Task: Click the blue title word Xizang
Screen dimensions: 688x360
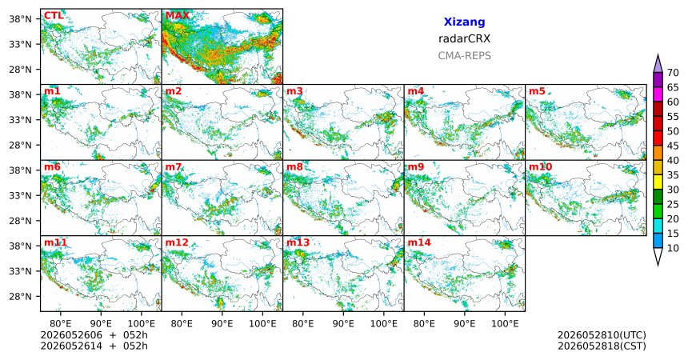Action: [x=464, y=22]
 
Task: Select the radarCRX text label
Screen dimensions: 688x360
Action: [x=464, y=38]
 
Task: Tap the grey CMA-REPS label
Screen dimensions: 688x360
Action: [x=464, y=56]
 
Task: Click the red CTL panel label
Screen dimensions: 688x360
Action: [x=54, y=16]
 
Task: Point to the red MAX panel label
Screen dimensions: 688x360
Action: [x=178, y=16]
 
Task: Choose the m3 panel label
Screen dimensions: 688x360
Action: [x=294, y=91]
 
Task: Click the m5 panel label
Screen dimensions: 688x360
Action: [x=537, y=91]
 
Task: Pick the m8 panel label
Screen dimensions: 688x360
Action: [x=294, y=167]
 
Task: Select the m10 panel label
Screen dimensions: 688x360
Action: [x=540, y=167]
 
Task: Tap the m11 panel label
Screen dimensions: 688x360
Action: [x=55, y=242]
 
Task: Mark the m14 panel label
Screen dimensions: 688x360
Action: [x=419, y=242]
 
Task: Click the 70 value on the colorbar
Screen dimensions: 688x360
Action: [x=673, y=73]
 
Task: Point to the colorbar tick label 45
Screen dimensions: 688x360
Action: [x=673, y=146]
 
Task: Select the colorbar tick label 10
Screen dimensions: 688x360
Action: [x=673, y=248]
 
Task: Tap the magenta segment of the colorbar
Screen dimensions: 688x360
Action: [x=658, y=94]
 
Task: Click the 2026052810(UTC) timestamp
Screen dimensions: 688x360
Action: [x=602, y=335]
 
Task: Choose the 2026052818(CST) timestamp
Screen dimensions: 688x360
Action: [x=602, y=346]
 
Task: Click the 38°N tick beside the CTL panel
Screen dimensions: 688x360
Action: [x=20, y=19]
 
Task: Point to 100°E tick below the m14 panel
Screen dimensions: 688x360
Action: [x=505, y=324]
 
